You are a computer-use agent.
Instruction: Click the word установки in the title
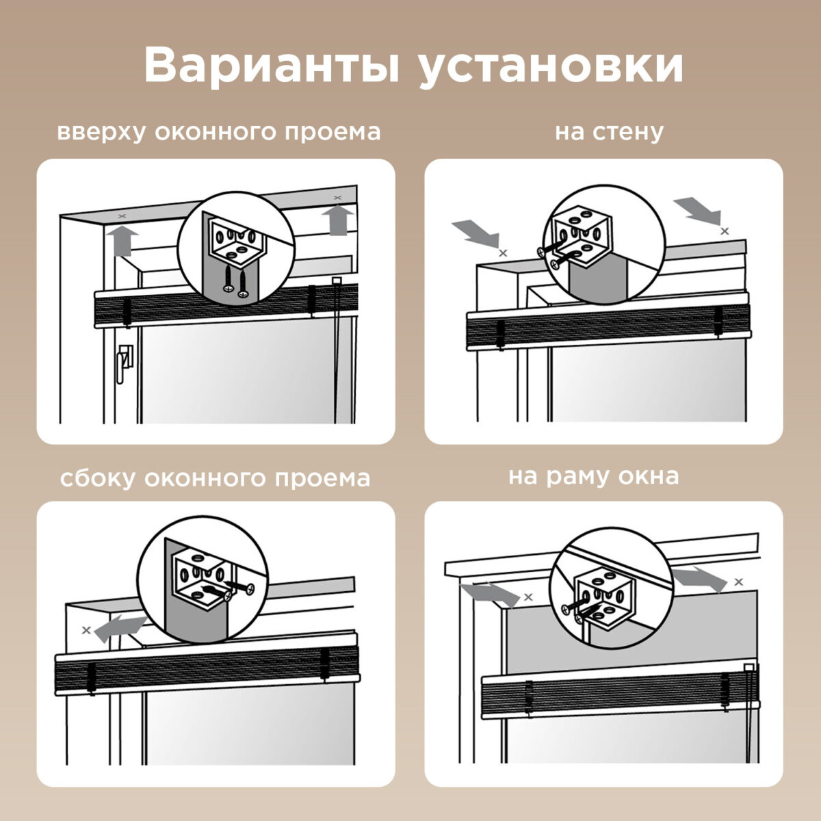tap(551, 67)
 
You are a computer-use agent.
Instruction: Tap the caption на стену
tap(609, 131)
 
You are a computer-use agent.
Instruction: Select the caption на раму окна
tap(593, 476)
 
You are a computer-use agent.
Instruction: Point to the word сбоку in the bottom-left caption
tap(97, 478)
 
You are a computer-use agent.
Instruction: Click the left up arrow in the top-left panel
tap(121, 240)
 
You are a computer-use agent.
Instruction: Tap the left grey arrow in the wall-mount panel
tap(475, 233)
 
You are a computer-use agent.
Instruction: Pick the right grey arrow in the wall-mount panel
tap(696, 209)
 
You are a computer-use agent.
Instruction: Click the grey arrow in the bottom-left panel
tap(119, 627)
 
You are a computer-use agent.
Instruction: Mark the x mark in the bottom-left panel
tap(86, 630)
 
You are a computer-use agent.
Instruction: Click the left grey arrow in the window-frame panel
tap(490, 592)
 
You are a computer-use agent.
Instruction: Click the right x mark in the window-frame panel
tap(738, 582)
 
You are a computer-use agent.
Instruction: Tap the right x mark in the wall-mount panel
tap(725, 231)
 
